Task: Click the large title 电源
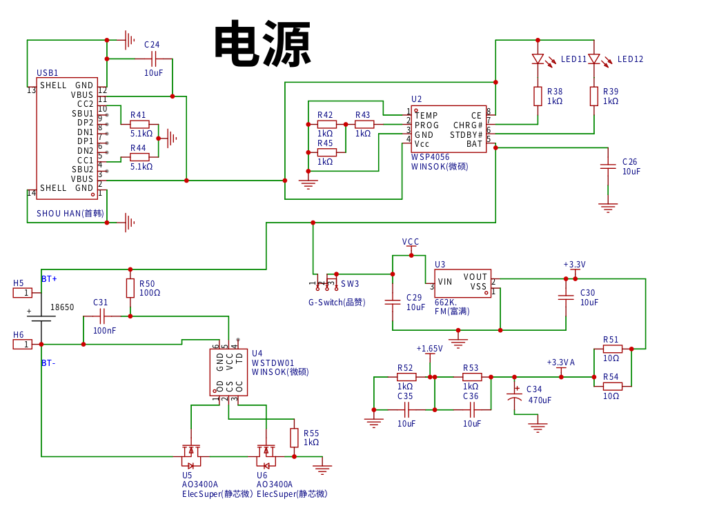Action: click(263, 44)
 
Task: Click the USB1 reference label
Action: click(48, 73)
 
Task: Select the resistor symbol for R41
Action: click(139, 124)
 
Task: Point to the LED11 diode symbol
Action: click(538, 59)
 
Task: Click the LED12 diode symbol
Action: click(593, 59)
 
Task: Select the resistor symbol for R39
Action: click(594, 96)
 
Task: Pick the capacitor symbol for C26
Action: click(608, 166)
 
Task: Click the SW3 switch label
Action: click(350, 284)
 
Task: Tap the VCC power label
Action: click(411, 242)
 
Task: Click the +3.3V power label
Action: click(574, 265)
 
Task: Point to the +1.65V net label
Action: click(429, 349)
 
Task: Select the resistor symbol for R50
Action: click(130, 288)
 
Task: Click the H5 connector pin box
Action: click(23, 293)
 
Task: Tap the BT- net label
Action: click(49, 363)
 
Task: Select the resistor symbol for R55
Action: click(294, 438)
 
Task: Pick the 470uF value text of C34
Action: click(540, 400)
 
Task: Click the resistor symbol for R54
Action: click(612, 386)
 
